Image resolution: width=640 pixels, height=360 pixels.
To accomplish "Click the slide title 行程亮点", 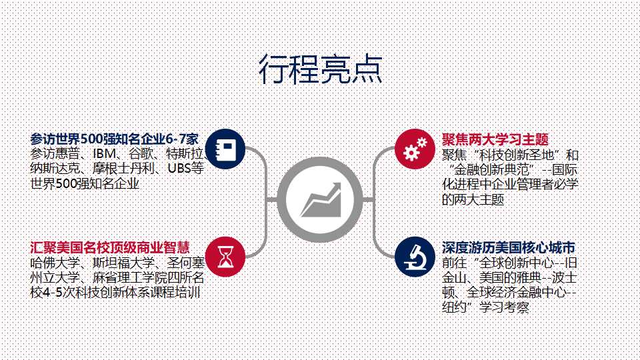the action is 321,69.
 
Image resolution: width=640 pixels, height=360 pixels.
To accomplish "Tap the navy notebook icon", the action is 225,149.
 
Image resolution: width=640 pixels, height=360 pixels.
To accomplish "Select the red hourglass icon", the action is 225,257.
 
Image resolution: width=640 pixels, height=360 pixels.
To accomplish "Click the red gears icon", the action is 415,149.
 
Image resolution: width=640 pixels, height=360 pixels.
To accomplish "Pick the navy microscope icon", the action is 415,257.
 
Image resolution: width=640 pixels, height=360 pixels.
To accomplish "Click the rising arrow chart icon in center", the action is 320,199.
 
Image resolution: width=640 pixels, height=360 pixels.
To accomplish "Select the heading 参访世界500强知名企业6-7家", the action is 114,139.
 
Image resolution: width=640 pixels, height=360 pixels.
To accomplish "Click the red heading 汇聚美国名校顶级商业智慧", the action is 110,247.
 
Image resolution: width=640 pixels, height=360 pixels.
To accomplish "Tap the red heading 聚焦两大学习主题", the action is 495,139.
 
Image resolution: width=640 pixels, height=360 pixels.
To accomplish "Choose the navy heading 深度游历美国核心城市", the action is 509,247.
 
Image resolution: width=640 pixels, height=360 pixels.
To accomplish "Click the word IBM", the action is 104,154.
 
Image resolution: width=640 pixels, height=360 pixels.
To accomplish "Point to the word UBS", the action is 179,168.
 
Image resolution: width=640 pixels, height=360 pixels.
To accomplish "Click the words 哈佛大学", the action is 55,263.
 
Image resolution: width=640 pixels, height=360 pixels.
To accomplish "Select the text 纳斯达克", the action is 55,168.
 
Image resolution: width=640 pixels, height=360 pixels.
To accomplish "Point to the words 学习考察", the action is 505,307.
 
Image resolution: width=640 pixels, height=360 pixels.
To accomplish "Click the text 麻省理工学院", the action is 130,277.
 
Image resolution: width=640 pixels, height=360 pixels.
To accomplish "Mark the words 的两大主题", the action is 473,199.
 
